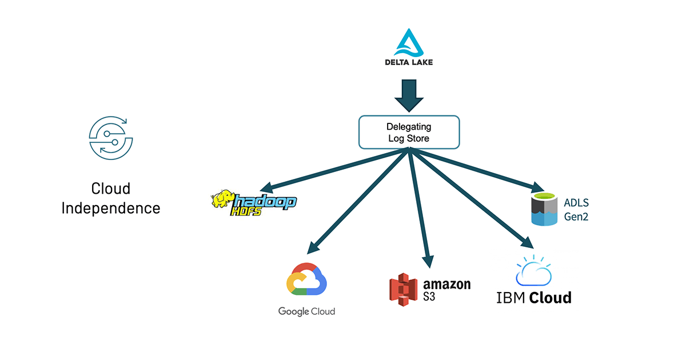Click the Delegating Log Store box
click(x=409, y=132)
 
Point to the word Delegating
click(x=409, y=126)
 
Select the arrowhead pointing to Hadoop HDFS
click(x=265, y=189)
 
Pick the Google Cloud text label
click(x=306, y=311)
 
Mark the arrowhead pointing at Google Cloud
click(x=311, y=249)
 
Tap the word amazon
click(x=446, y=284)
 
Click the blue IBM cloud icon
click(x=533, y=271)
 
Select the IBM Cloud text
click(x=533, y=298)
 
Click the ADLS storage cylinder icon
click(x=544, y=210)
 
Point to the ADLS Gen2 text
click(x=576, y=210)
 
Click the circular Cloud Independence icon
click(x=111, y=137)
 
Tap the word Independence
click(x=111, y=207)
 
